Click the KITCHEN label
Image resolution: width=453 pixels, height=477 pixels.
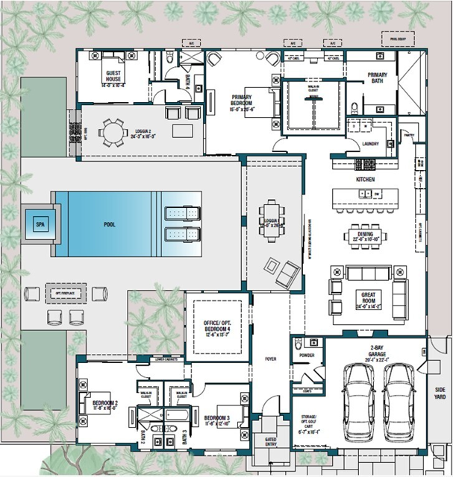click(365, 180)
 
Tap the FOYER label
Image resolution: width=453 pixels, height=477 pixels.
click(270, 358)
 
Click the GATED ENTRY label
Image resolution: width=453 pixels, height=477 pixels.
click(270, 442)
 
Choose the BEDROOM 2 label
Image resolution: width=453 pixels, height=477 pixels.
click(96, 401)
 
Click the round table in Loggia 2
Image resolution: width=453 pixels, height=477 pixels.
click(113, 133)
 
